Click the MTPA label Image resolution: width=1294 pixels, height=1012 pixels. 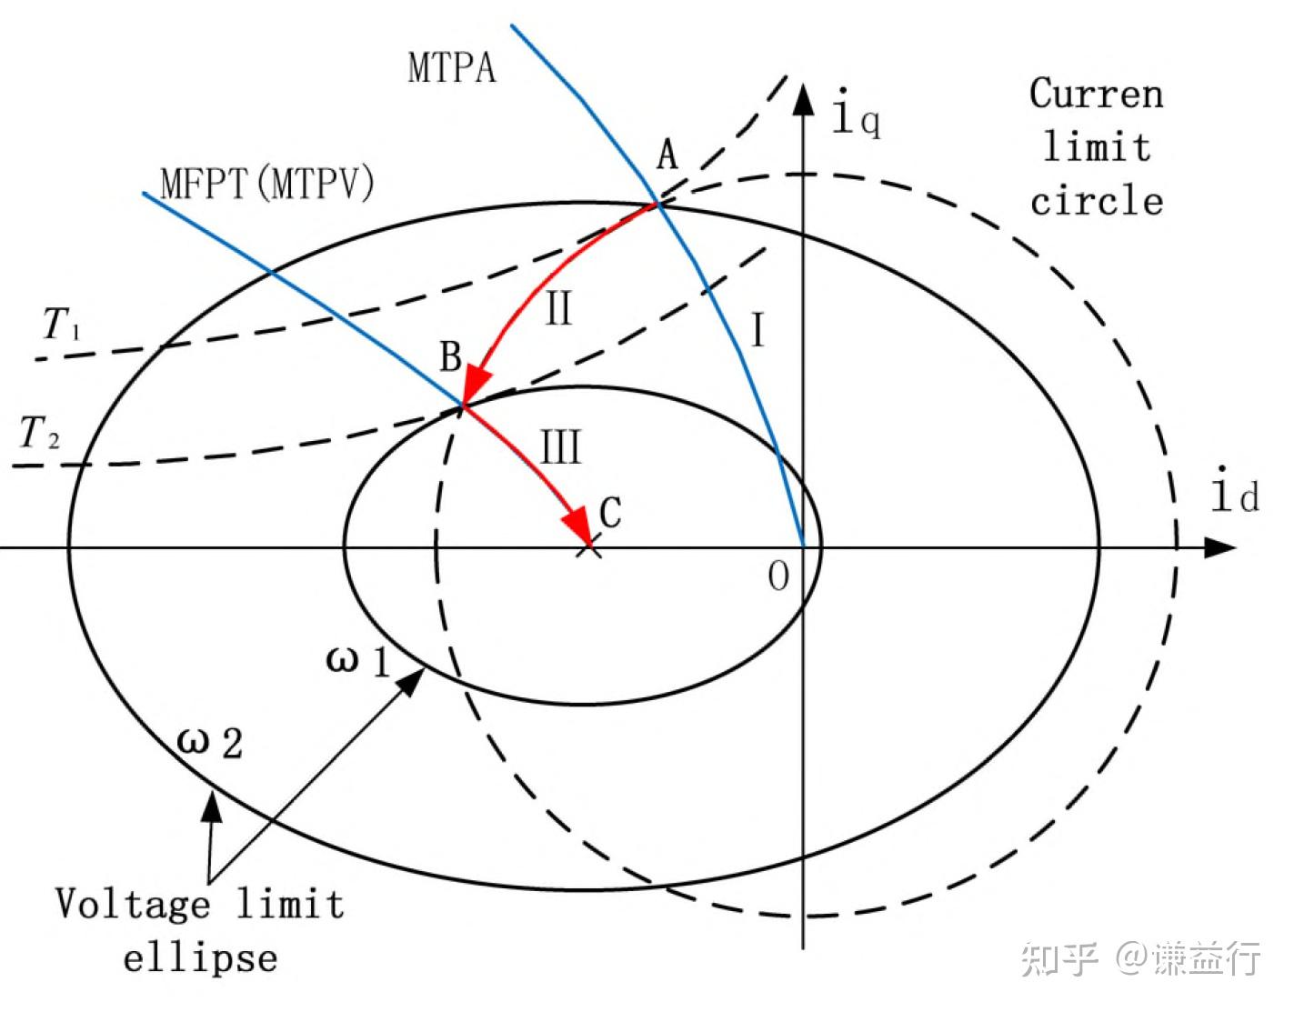tap(452, 68)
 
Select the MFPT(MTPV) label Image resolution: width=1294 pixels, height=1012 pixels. tap(266, 184)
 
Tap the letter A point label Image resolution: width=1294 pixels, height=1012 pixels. tap(667, 155)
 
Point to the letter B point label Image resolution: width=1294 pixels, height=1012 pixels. tap(450, 356)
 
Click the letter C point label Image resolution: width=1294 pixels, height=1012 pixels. tap(610, 513)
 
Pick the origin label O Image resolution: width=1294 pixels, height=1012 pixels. tap(778, 576)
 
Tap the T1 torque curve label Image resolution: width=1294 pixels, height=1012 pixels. tap(61, 324)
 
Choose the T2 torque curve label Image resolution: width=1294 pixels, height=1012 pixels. tap(39, 433)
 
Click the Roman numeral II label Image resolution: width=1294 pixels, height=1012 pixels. tap(558, 309)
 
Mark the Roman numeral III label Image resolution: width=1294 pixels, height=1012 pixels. tap(560, 448)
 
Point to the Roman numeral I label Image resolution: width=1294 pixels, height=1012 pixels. tap(757, 330)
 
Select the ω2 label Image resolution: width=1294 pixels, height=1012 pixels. tap(209, 742)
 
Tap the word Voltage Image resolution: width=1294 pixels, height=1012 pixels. tap(132, 904)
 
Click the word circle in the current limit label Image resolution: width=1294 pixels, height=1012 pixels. tap(1097, 201)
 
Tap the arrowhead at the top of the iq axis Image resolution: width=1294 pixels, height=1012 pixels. tap(803, 98)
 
